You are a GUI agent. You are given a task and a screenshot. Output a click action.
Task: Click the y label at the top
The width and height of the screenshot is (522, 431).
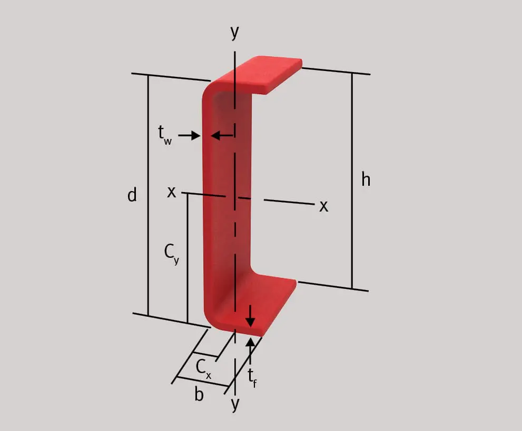tap(235, 32)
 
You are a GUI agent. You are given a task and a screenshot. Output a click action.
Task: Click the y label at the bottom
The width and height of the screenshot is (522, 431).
tap(235, 404)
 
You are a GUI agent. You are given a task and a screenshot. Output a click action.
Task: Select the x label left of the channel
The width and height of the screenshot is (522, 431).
tap(171, 192)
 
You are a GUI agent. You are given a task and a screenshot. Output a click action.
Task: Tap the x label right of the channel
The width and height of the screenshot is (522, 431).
tap(323, 206)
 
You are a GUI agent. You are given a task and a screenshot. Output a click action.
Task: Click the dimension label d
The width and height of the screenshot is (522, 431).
tap(132, 195)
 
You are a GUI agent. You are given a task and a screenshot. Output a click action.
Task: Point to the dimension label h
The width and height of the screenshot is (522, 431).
tap(366, 179)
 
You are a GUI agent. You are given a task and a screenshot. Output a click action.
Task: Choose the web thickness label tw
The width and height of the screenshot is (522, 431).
tap(165, 135)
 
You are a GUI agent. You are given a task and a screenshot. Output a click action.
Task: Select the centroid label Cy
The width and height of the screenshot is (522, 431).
tap(172, 254)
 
